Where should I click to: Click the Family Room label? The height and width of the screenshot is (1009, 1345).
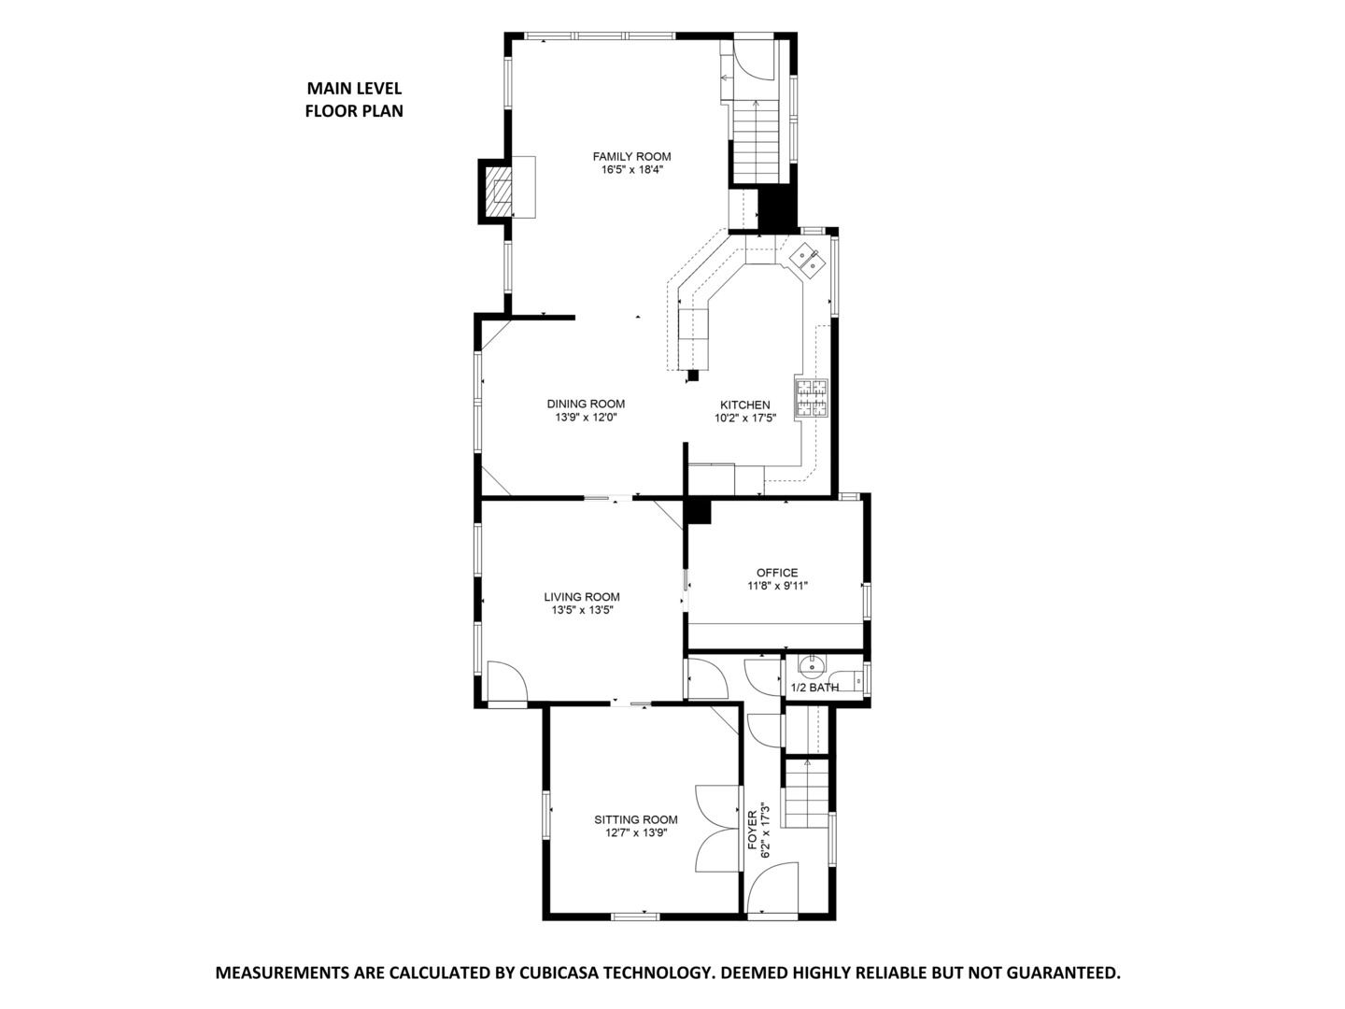coord(631,156)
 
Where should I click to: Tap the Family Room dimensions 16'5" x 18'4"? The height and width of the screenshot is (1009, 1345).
coord(631,170)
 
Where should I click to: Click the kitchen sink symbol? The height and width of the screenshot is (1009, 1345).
coord(807,259)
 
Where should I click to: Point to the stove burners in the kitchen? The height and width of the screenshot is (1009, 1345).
coord(811,396)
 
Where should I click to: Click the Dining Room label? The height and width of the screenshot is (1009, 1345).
coord(586,404)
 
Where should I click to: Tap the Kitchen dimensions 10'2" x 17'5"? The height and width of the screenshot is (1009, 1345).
coord(744,419)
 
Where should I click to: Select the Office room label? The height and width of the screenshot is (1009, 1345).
coord(777,573)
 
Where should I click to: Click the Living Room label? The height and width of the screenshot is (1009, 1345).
coord(582,597)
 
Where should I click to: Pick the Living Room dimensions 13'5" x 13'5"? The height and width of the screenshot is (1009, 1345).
coord(582,611)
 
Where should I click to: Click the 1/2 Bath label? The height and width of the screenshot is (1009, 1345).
coord(814,688)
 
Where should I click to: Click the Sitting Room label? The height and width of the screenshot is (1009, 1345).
coord(636,819)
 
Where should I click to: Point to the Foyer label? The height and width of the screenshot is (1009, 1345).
coord(753,830)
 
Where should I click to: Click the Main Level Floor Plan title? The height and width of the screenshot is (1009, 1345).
coord(354,99)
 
